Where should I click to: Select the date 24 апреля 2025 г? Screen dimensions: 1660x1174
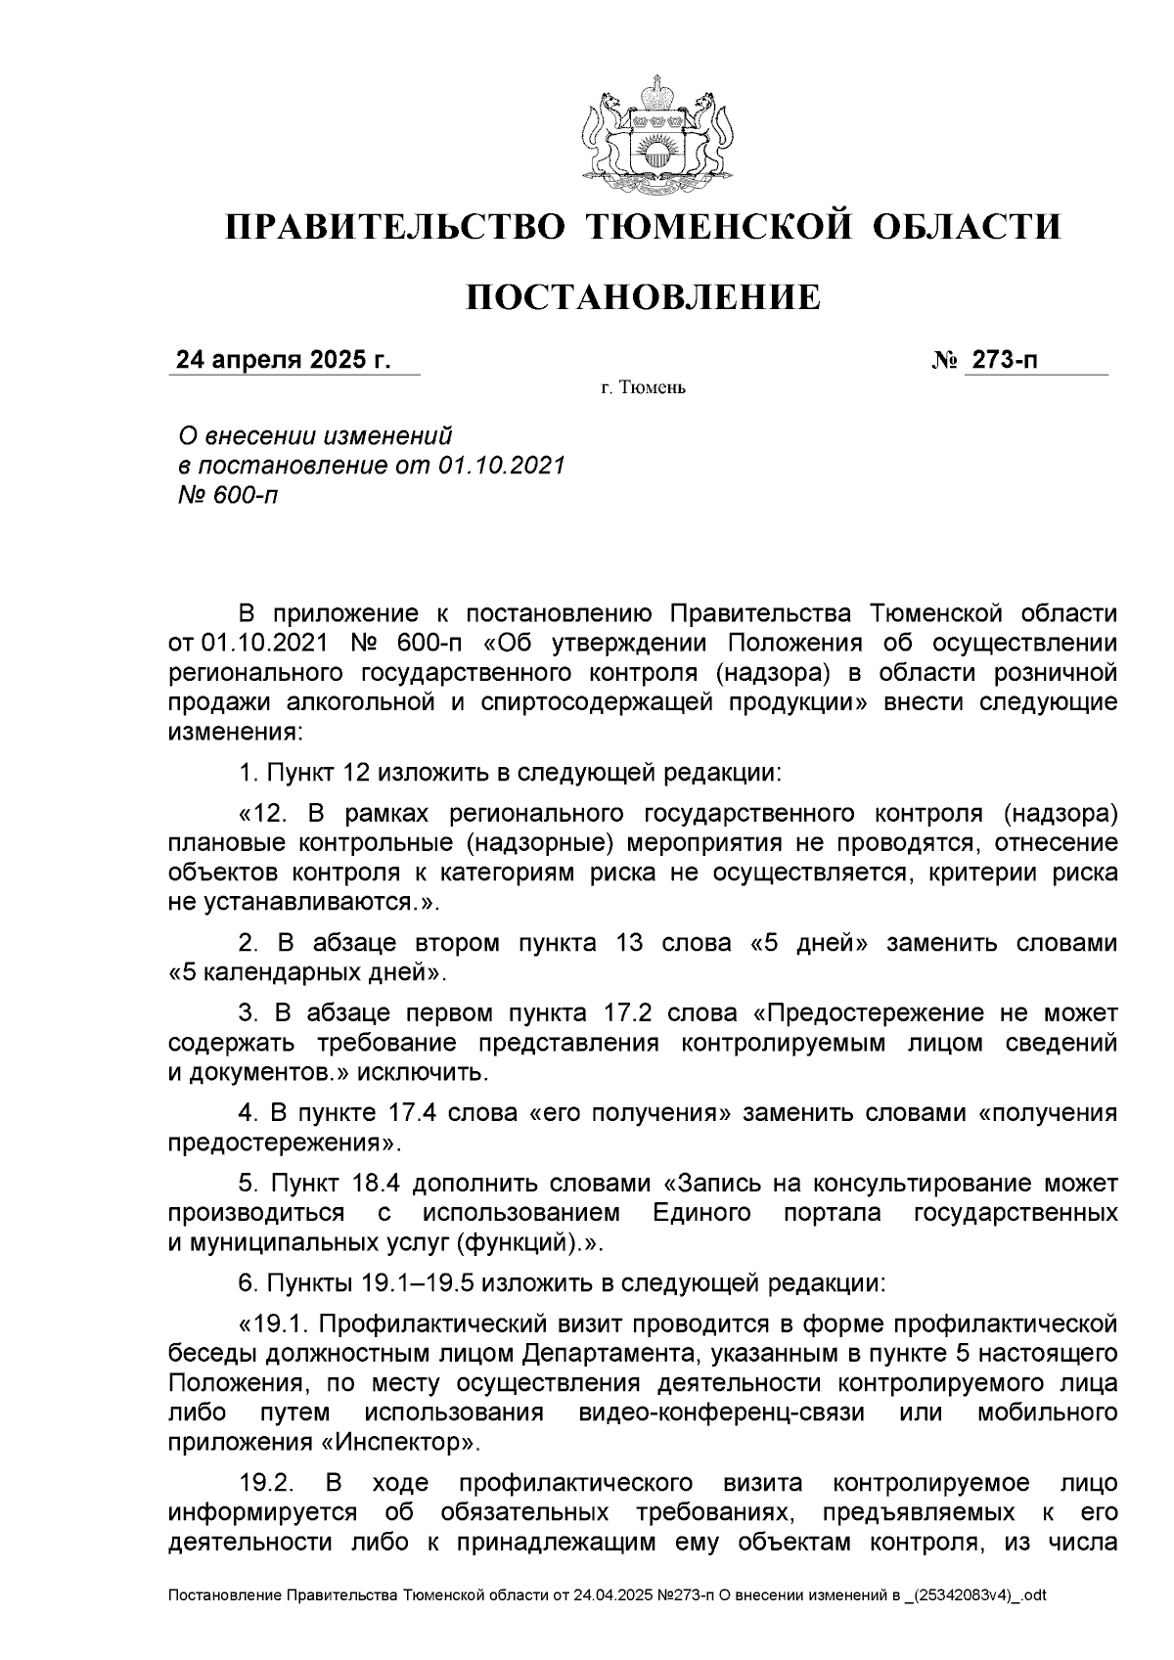(283, 361)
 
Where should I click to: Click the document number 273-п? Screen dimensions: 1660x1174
(1003, 361)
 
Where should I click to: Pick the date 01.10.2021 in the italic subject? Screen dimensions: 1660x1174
(501, 465)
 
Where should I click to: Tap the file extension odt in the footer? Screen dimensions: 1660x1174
(1034, 1595)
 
